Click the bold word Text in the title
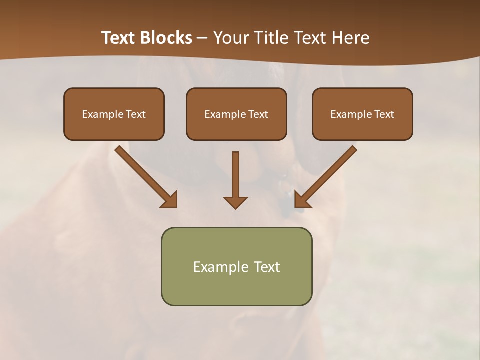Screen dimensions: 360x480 point(118,38)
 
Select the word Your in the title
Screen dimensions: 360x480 point(231,38)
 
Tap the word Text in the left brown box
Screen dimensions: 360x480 point(135,114)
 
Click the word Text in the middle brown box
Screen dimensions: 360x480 point(258,114)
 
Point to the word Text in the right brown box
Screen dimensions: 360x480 point(384,114)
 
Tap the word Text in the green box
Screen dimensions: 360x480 point(267,267)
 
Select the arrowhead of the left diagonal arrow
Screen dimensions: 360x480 point(170,200)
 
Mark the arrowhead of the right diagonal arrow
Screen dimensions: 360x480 point(301,200)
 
